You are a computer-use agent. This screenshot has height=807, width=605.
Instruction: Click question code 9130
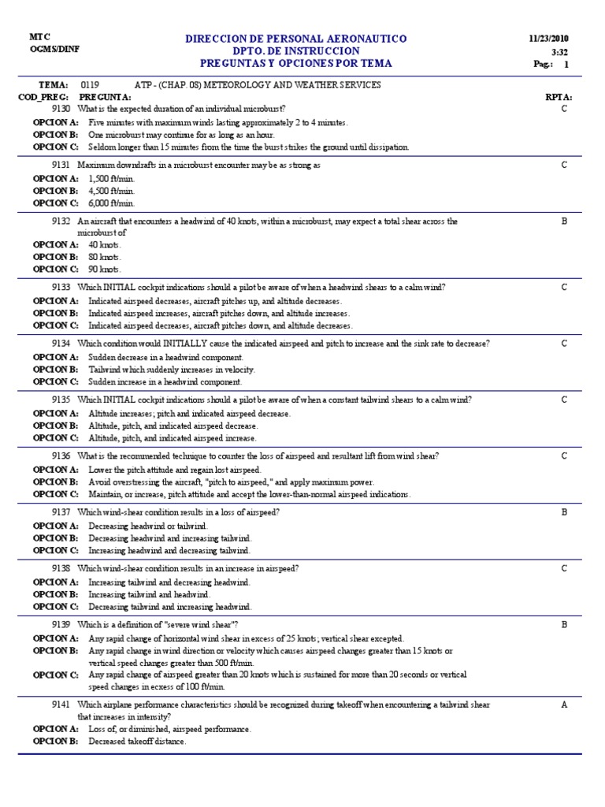click(61, 108)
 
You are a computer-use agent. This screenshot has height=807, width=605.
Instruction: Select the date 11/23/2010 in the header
click(550, 39)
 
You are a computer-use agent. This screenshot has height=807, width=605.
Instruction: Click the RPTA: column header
click(559, 96)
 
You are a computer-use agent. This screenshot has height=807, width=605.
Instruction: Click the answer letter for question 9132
click(564, 221)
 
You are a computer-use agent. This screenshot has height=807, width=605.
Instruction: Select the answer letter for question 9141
click(564, 705)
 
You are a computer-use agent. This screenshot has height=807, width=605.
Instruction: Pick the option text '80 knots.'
click(105, 257)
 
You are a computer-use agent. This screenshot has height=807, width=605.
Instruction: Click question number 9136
click(61, 456)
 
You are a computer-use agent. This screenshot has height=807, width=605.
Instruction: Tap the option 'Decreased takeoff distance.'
click(137, 742)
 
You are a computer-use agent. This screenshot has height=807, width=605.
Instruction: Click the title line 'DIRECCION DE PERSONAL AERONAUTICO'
click(295, 39)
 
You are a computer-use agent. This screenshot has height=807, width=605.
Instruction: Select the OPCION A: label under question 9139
click(55, 638)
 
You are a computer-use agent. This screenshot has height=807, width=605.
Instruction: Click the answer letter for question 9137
click(564, 512)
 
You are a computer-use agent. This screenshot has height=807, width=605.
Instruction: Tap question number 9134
click(61, 344)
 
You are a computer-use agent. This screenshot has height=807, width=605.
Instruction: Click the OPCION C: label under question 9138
click(55, 607)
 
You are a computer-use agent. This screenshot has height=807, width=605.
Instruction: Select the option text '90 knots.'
click(105, 269)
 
